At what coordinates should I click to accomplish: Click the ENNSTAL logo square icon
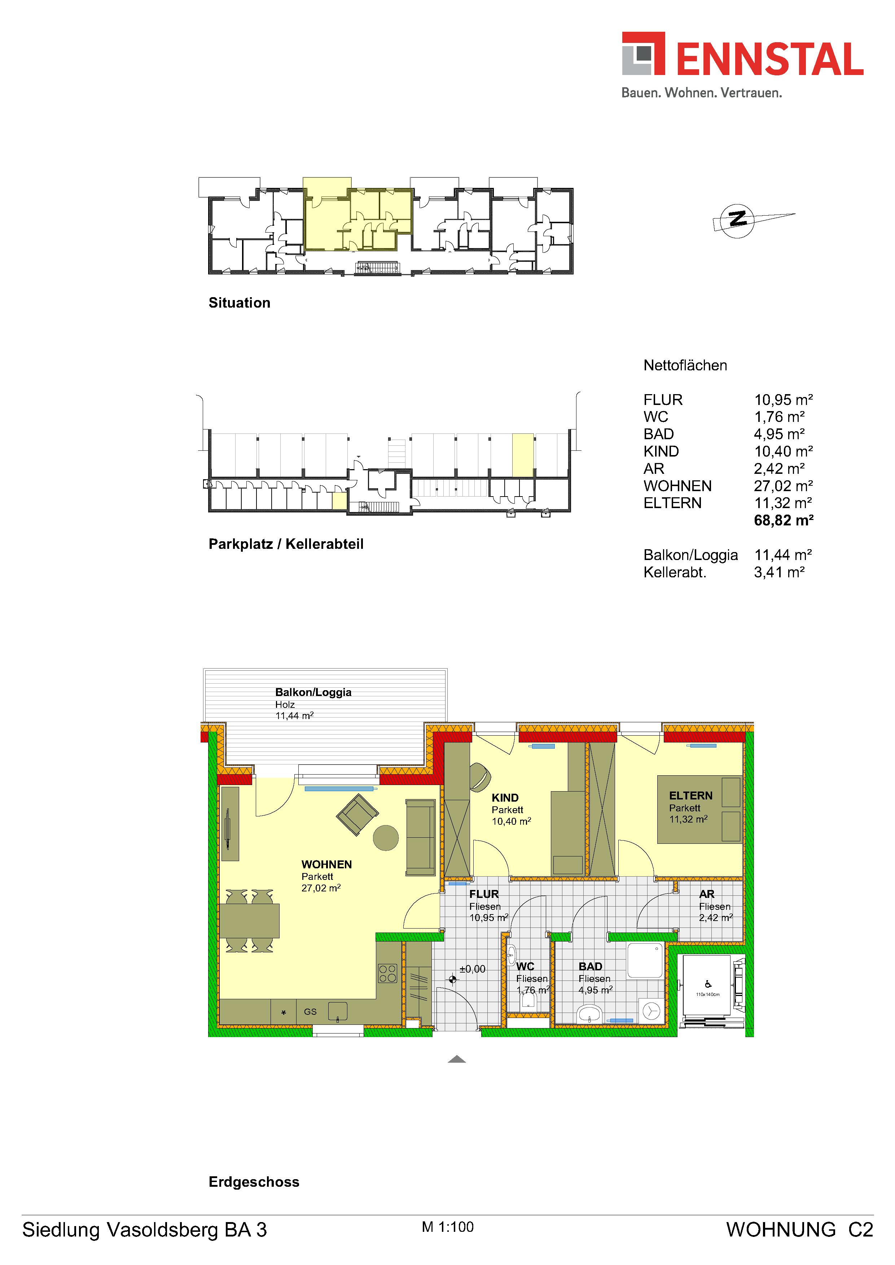click(x=643, y=53)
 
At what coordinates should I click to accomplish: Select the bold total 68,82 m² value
click(x=784, y=520)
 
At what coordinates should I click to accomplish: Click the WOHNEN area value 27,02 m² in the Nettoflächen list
click(x=784, y=486)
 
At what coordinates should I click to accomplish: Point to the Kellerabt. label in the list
click(x=675, y=572)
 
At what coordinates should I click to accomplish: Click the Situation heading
click(x=239, y=303)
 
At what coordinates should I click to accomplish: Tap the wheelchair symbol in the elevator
click(x=708, y=984)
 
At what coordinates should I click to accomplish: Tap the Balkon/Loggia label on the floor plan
click(x=313, y=693)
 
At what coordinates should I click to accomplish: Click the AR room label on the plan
click(x=707, y=894)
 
